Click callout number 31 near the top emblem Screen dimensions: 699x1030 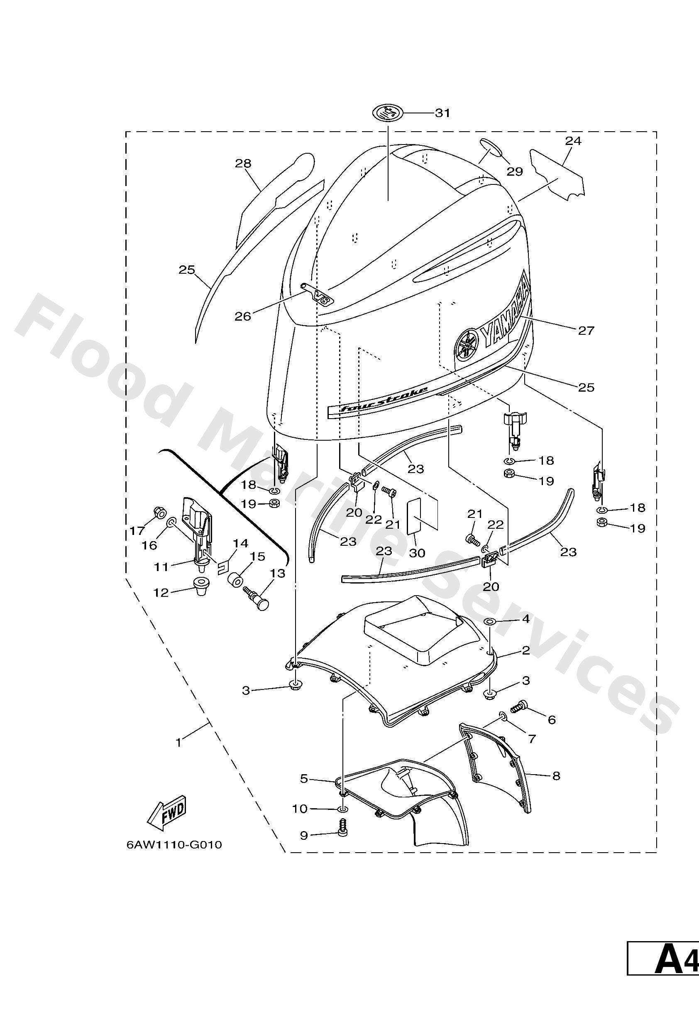click(442, 113)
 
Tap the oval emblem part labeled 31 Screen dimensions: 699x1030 click(388, 113)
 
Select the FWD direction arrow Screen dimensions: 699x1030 click(167, 812)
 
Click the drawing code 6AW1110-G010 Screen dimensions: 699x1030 click(174, 844)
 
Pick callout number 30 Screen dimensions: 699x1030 click(416, 552)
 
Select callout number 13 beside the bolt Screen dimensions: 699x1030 click(277, 573)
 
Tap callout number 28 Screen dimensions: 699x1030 click(243, 164)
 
